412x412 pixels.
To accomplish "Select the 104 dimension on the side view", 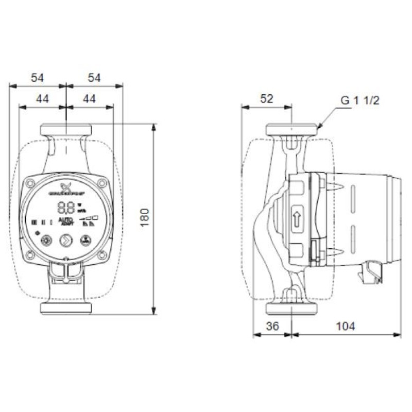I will [346, 325].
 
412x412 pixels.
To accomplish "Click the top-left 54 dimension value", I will [38, 78].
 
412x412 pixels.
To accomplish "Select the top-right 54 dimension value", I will [94, 78].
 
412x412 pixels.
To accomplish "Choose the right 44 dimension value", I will [90, 99].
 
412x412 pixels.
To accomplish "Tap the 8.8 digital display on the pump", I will [65, 208].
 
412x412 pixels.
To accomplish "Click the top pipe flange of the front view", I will [66, 129].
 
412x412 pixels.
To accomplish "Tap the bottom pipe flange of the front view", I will [66, 308].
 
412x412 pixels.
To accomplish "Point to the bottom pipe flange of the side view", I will [291, 308].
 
